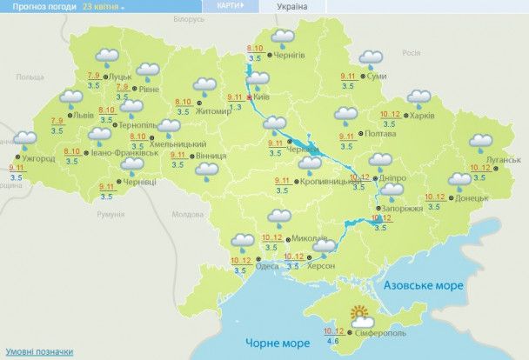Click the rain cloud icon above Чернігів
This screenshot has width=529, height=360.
point(281,37)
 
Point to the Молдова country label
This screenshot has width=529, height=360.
point(187,213)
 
